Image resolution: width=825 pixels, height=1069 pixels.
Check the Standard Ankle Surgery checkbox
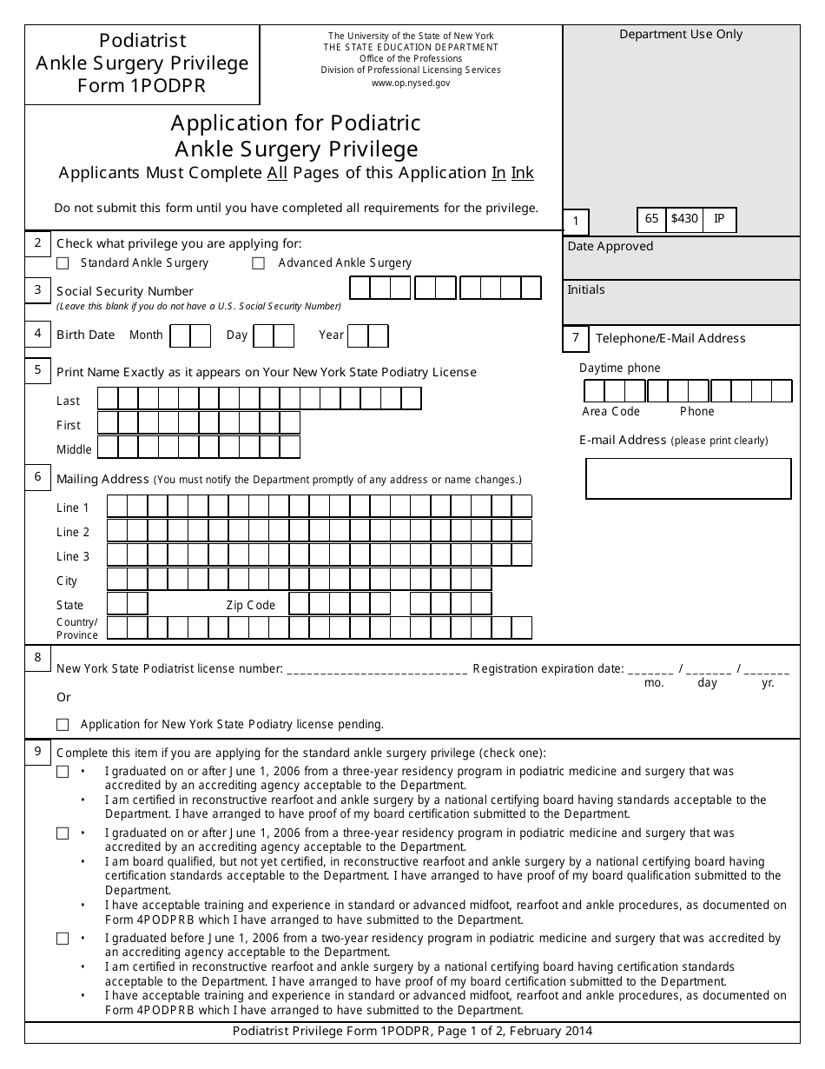coord(63,263)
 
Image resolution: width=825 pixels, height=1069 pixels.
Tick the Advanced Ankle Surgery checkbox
coord(259,263)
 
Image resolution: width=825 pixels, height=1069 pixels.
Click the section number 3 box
coord(37,290)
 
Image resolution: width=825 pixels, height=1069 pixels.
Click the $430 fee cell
coord(684,220)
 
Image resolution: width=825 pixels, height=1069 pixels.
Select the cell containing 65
coord(651,220)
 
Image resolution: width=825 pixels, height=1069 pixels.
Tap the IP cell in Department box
coord(719,220)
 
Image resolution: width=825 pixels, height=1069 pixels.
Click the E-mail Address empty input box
coord(688,478)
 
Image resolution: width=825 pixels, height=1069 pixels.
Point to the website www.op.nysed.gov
coord(411,83)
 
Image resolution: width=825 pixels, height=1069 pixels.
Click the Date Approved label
coord(610,247)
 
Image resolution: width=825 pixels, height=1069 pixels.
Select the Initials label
coord(586,290)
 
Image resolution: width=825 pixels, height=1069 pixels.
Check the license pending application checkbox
coord(63,724)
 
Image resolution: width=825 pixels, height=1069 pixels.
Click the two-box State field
coord(127,604)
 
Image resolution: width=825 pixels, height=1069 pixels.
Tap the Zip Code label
coord(250,605)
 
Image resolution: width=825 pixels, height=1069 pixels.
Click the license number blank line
coord(376,669)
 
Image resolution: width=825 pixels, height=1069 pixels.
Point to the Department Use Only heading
coord(681,35)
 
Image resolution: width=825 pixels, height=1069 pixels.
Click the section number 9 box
coord(37,752)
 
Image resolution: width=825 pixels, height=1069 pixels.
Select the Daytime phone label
coord(619,369)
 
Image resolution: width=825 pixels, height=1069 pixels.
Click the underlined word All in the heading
coord(277,173)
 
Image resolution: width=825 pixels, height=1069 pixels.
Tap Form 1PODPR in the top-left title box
coord(142,86)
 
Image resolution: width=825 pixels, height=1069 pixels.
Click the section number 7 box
coord(576,338)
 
